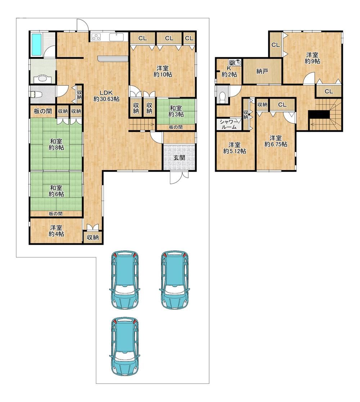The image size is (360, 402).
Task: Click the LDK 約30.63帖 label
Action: pos(106,96)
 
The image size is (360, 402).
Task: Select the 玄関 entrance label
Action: pos(179,157)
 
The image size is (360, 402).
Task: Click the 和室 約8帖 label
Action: pos(57,144)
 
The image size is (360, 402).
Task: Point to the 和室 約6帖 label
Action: pos(57,191)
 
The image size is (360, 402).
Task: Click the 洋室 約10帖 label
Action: pos(163,71)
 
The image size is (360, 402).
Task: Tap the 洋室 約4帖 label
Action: pos(57,230)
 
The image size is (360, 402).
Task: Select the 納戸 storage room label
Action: pos(262,71)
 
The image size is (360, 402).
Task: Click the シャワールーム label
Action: pos(229,125)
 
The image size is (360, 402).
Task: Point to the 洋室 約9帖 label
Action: pos(312,58)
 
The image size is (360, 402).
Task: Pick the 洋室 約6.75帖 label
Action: pos(276,141)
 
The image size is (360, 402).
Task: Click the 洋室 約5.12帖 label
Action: pos(234,148)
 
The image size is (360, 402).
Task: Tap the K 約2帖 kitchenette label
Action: pos(229,72)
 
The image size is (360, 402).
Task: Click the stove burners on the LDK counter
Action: pos(96,37)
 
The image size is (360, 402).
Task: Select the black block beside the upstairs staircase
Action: pos(319,114)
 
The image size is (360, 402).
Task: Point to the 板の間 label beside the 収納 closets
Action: pos(43,111)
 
